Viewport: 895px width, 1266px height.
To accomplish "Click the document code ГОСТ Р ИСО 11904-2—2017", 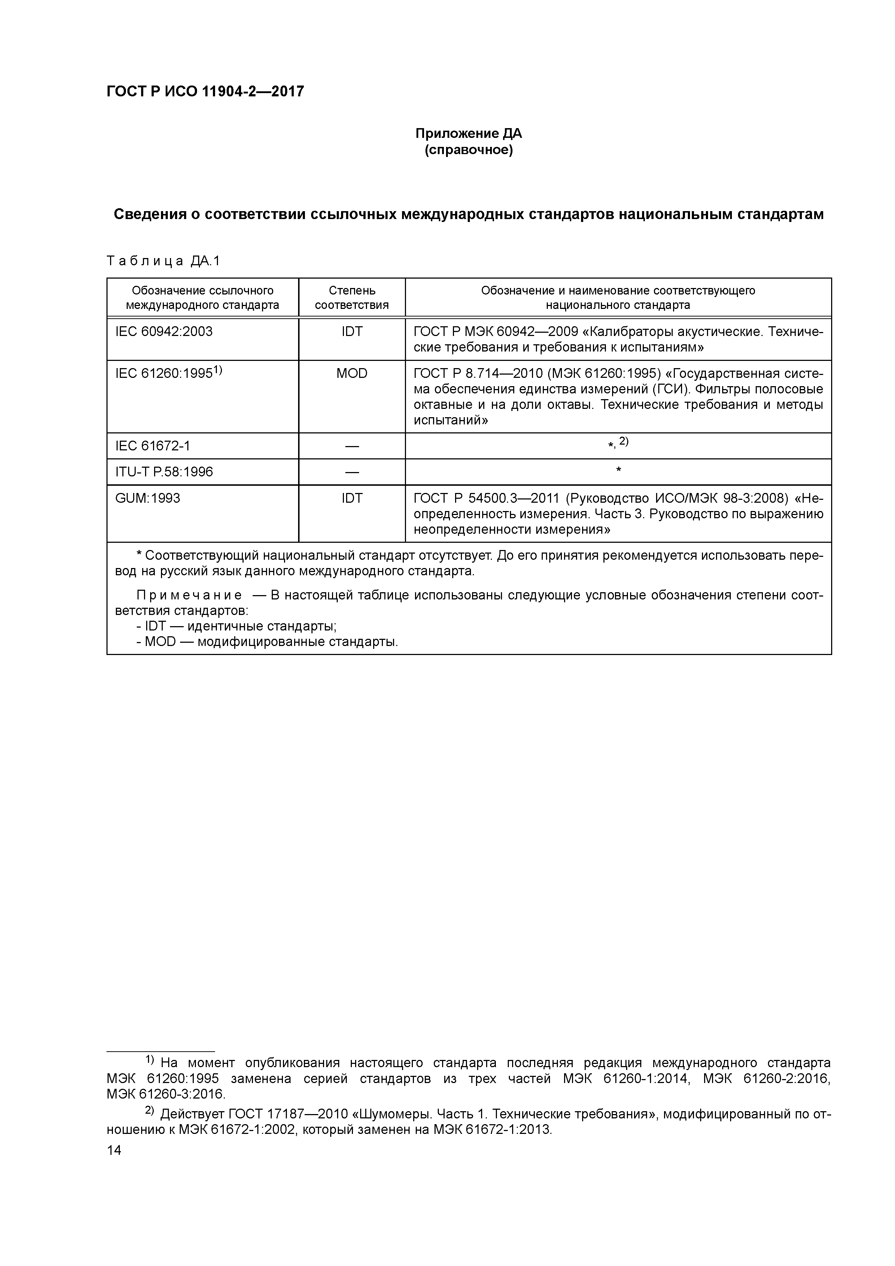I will pos(205,92).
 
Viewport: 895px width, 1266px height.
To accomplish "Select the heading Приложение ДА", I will pos(468,134).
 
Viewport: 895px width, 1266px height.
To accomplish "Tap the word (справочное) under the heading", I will pos(468,150).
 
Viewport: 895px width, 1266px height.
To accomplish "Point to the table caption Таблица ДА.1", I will pos(163,261).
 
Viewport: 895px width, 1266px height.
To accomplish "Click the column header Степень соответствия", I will pos(352,298).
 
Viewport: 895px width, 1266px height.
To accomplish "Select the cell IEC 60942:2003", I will pos(164,331).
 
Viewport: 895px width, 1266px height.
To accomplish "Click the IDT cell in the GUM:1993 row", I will pos(352,498).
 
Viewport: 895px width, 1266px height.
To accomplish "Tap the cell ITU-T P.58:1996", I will pos(164,472).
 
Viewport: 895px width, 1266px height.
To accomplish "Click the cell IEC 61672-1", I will pos(153,446).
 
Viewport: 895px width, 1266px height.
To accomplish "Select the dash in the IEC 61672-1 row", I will pos(352,446).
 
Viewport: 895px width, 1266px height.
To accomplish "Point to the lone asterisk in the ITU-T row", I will pos(618,470).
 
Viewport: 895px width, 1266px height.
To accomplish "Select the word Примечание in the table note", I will pos(189,595).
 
